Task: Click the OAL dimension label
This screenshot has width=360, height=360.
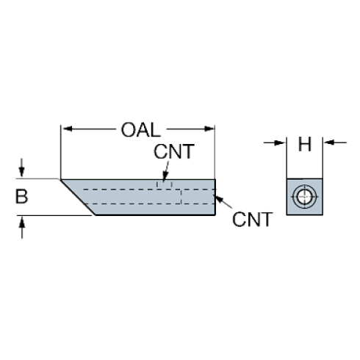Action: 140,130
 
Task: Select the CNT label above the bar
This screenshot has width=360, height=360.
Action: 173,153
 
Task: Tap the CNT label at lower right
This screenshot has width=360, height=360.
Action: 251,219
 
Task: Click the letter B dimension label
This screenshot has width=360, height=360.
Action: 22,197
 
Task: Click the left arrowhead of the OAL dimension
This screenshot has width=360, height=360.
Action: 66,130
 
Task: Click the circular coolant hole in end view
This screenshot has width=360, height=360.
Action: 303,196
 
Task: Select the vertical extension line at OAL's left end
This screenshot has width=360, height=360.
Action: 61,151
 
